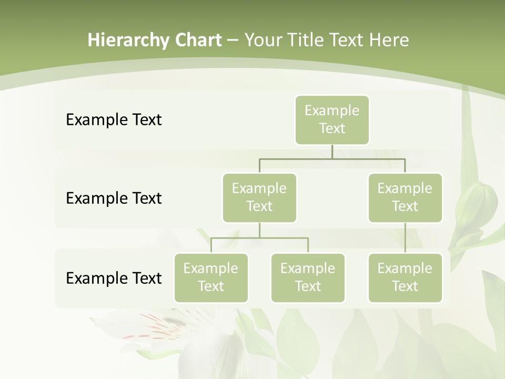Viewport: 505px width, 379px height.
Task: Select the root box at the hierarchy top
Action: (332, 120)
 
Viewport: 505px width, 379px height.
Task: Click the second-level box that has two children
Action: (259, 198)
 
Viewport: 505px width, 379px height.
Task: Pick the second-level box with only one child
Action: (405, 198)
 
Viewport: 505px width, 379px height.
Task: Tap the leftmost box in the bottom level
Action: (211, 278)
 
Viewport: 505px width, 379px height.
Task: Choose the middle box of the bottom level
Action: (308, 278)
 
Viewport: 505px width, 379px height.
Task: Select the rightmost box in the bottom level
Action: (405, 278)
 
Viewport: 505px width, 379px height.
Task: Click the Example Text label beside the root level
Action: (114, 120)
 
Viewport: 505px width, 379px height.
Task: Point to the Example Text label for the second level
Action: (114, 198)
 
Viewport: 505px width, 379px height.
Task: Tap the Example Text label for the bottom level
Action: (114, 278)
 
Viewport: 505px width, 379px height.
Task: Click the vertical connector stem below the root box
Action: (332, 152)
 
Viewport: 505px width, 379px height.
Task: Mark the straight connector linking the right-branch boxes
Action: (405, 238)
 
